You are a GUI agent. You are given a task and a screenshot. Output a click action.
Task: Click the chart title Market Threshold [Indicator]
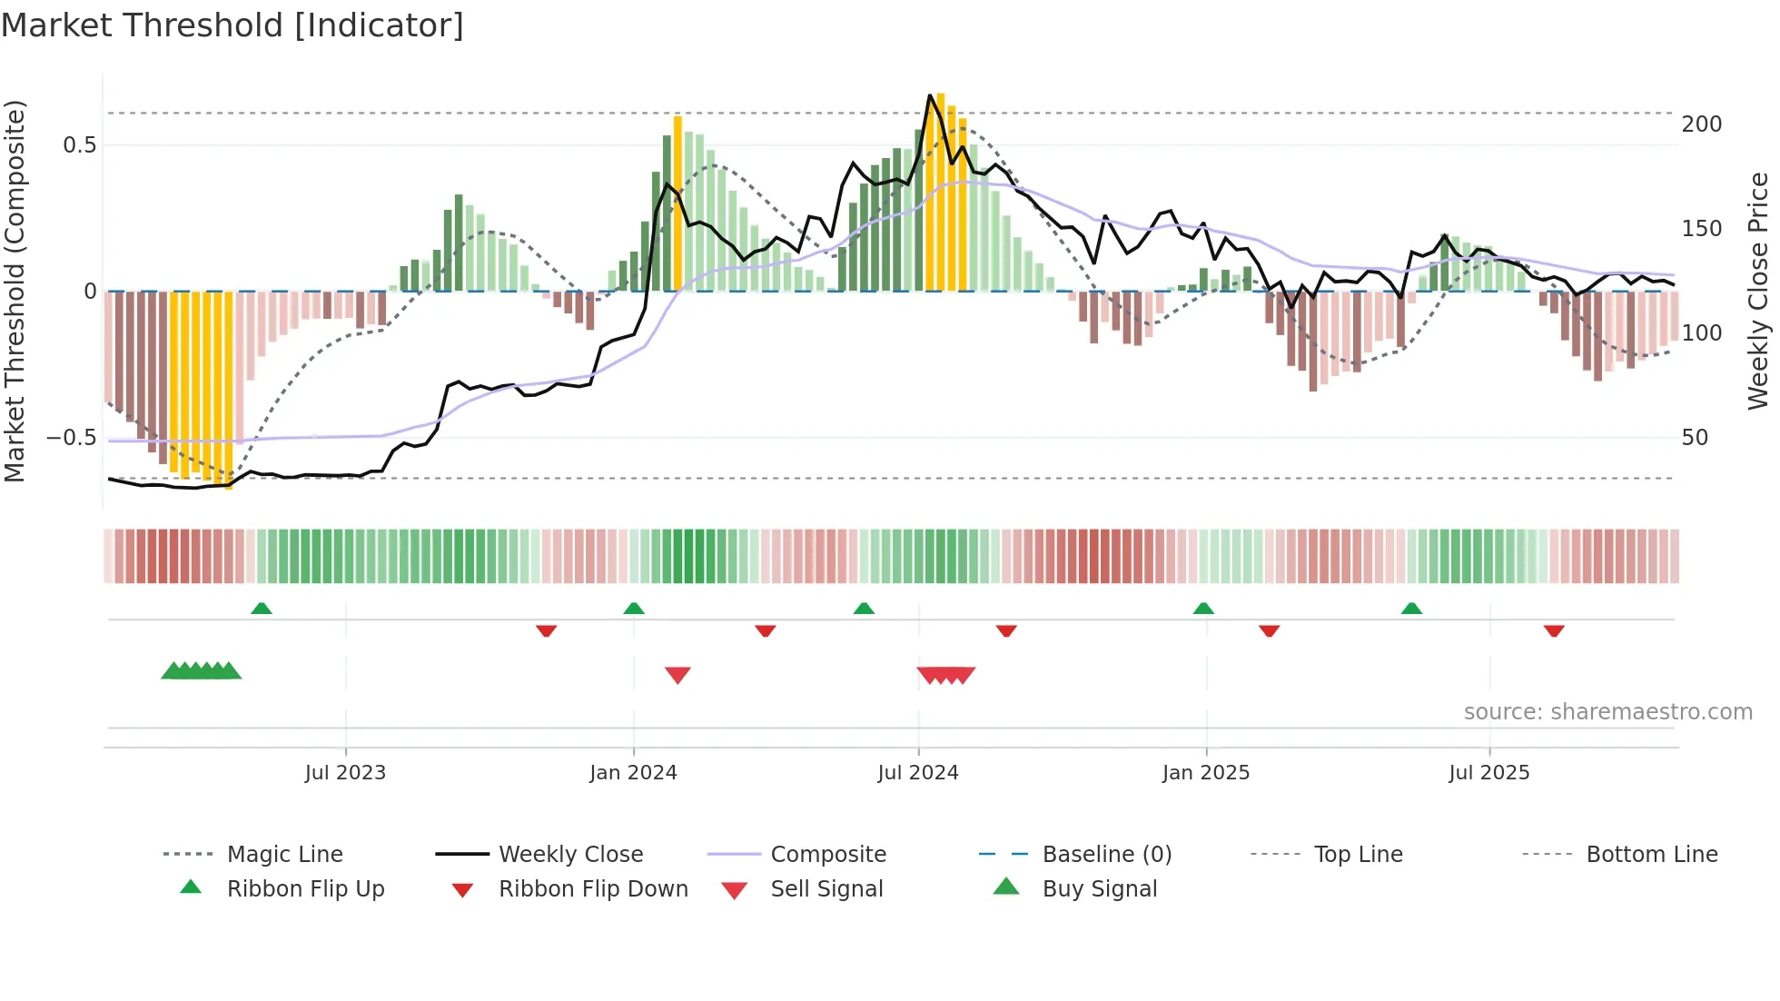point(232,25)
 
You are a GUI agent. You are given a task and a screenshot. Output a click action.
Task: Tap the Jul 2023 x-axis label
point(345,773)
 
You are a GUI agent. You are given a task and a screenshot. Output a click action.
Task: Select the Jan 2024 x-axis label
point(633,773)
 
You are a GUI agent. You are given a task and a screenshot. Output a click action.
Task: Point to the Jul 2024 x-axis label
point(917,773)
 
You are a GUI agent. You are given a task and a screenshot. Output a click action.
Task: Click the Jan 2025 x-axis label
point(1205,773)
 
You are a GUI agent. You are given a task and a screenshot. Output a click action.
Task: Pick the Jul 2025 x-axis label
point(1488,773)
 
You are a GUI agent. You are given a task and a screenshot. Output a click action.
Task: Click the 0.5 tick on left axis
point(79,145)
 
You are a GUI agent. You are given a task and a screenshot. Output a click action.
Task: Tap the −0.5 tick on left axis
point(72,438)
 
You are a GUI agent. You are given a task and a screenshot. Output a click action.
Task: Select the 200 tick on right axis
point(1701,124)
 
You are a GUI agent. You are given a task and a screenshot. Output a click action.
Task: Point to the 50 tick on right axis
point(1695,438)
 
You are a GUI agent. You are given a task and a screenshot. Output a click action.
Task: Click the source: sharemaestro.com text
point(1607,712)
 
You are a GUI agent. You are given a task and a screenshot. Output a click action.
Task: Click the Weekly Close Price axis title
point(1758,291)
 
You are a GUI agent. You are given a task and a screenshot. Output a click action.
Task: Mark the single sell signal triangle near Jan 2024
point(677,675)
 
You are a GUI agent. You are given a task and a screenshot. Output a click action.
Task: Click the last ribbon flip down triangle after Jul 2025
point(1554,630)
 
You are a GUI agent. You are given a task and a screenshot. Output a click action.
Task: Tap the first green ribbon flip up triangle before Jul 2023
point(262,609)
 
